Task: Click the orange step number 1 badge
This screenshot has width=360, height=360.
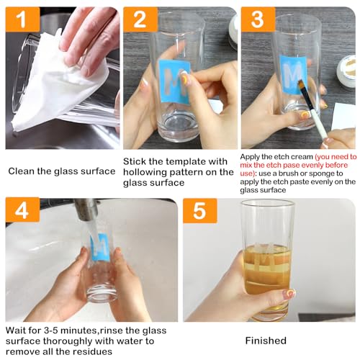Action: click(x=22, y=20)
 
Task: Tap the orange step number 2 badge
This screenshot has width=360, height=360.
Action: click(x=140, y=20)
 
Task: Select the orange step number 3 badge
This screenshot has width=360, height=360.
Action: click(x=258, y=19)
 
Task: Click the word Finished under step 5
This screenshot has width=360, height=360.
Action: click(x=266, y=341)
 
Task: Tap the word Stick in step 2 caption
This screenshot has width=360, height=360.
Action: click(x=135, y=161)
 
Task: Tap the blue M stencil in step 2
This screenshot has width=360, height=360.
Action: click(x=175, y=81)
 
